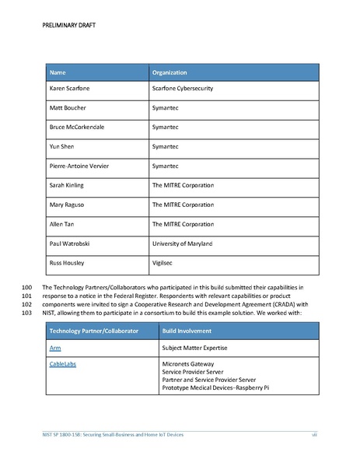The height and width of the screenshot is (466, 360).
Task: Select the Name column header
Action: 58,73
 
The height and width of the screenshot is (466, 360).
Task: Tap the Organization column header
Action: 170,73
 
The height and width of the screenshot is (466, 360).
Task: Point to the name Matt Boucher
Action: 68,107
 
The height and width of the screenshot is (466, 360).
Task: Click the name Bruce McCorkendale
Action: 79,127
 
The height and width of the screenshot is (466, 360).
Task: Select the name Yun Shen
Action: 63,146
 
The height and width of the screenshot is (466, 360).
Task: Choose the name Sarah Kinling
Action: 70,185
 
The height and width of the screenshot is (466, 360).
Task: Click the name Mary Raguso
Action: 69,205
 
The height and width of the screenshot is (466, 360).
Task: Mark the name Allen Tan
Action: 65,224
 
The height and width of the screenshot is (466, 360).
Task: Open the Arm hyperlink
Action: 55,348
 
